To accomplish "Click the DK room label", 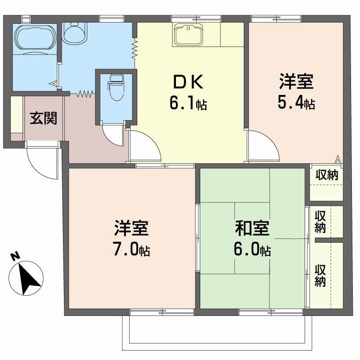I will click(x=189, y=82).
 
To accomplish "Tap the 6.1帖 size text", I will click(x=188, y=104).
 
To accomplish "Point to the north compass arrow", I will click(x=29, y=276).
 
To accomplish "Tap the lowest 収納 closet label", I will click(x=320, y=276).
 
